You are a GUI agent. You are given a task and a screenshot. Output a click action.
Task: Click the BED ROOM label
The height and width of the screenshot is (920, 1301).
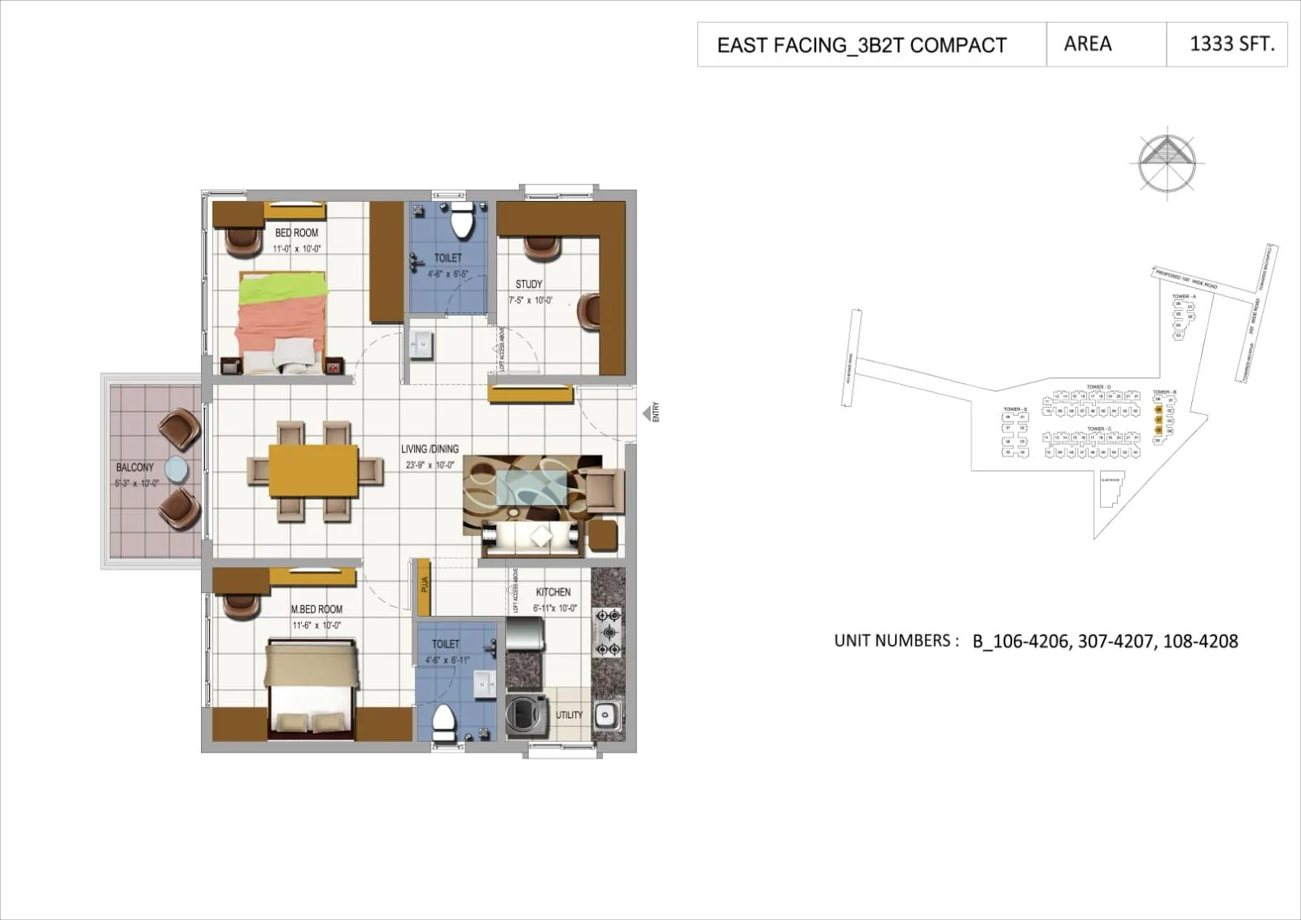point(296,233)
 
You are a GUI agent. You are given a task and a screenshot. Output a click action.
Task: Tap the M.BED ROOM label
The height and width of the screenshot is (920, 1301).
point(317,609)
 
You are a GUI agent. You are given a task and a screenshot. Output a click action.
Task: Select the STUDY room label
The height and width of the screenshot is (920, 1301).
point(529,284)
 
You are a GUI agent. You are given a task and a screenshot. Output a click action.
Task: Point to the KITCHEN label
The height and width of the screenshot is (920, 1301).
point(553,592)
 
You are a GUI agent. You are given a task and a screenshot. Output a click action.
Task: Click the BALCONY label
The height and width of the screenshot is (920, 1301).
point(135,467)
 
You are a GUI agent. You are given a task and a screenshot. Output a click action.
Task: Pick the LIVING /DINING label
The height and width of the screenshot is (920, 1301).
point(430,449)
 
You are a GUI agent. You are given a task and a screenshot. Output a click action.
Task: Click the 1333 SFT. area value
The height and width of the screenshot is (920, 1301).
point(1232,44)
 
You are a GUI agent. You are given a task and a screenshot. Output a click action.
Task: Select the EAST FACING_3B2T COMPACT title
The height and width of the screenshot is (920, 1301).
point(862,46)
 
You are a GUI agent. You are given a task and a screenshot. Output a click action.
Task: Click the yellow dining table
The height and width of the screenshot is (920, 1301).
point(314,470)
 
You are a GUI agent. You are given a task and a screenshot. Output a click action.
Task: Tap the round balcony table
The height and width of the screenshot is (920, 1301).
point(176,469)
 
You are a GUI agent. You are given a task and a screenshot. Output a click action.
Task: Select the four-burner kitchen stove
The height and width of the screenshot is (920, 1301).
point(608,632)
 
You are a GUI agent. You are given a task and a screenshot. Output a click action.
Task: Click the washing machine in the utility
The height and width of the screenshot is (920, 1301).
point(522,713)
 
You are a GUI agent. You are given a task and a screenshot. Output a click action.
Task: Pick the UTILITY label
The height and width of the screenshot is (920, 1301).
point(569,715)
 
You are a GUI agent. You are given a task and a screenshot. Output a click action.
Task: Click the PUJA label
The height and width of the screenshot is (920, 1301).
point(424,586)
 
